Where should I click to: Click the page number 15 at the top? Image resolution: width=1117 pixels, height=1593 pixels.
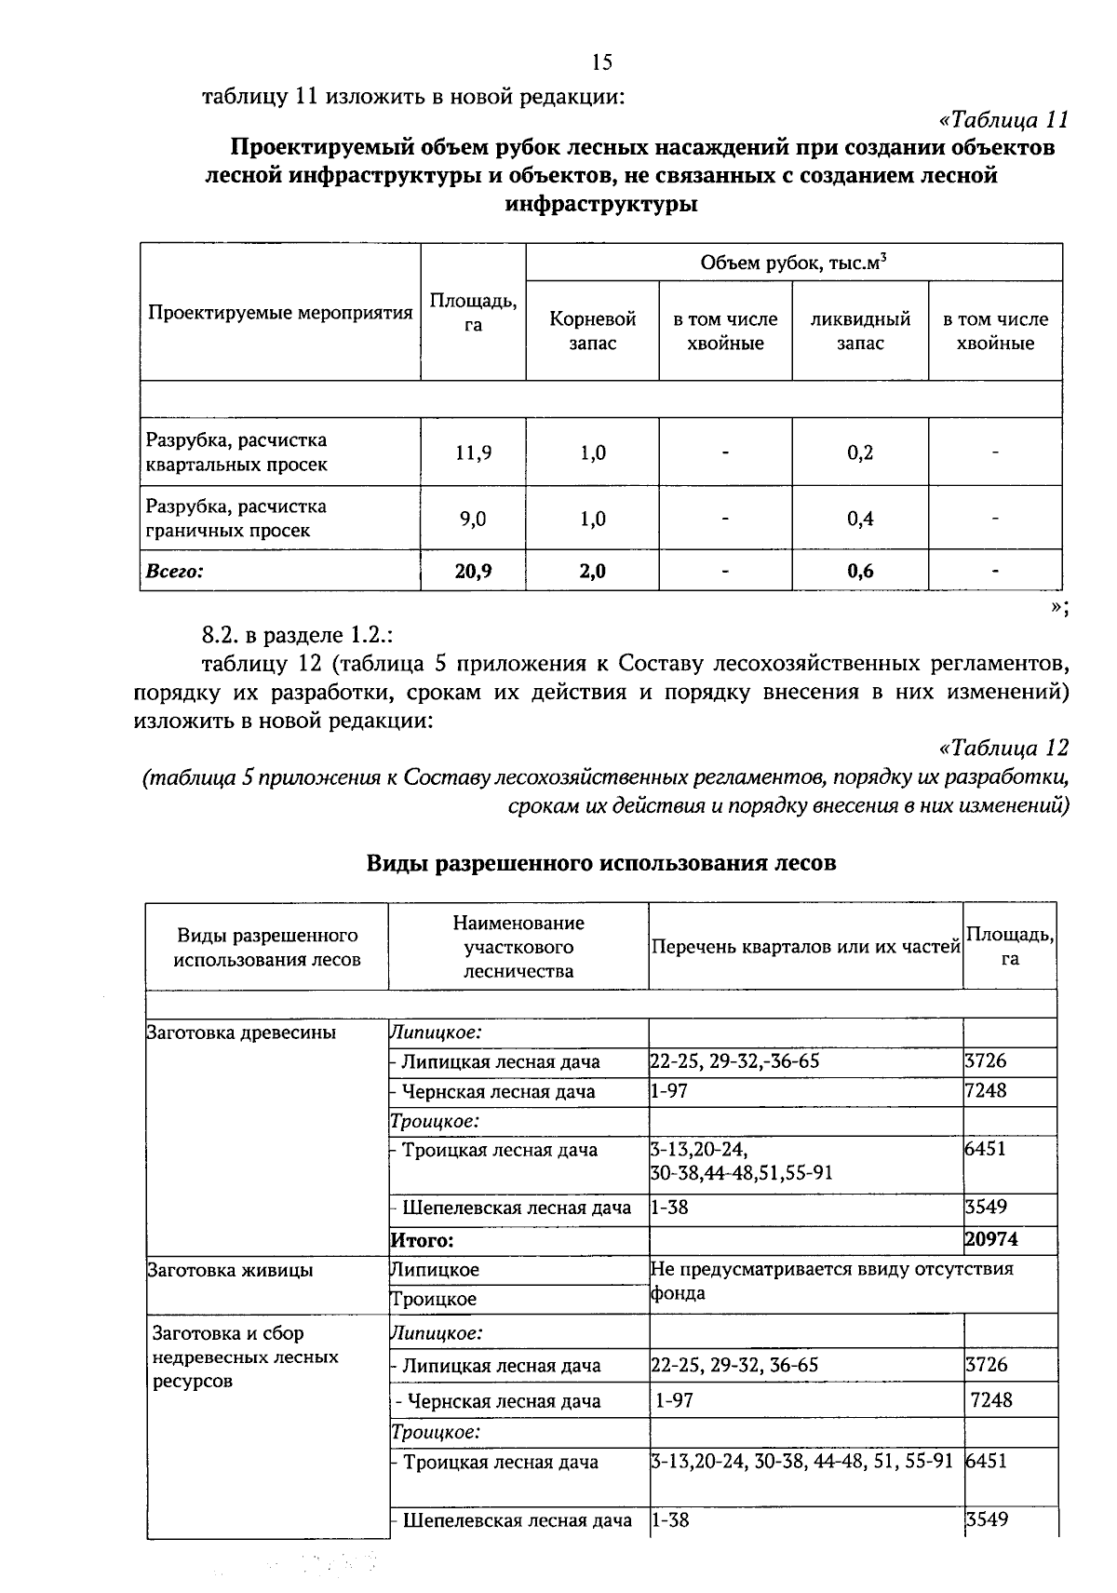pyautogui.click(x=601, y=62)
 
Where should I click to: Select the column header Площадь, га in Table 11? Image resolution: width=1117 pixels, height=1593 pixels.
pyautogui.click(x=473, y=313)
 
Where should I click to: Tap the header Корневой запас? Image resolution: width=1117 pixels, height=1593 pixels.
pyautogui.click(x=593, y=331)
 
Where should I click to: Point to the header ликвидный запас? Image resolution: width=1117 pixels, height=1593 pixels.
pyautogui.click(x=860, y=331)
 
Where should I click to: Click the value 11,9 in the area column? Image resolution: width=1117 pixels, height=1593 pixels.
pyautogui.click(x=473, y=452)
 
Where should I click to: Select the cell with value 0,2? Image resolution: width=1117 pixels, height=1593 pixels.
pyautogui.click(x=860, y=452)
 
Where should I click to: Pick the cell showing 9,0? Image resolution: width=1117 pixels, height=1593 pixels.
pyautogui.click(x=473, y=519)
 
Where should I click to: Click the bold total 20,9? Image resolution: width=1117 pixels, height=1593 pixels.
pyautogui.click(x=473, y=571)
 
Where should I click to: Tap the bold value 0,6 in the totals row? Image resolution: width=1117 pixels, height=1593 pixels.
pyautogui.click(x=860, y=571)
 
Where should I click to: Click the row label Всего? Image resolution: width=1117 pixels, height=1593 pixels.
pyautogui.click(x=174, y=571)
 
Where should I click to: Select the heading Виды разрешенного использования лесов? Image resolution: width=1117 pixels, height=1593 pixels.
pyautogui.click(x=600, y=863)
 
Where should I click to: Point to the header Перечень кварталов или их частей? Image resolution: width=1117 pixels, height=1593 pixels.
pyautogui.click(x=805, y=947)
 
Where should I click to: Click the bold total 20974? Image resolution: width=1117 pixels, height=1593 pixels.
pyautogui.click(x=991, y=1239)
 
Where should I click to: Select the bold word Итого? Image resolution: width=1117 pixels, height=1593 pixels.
pyautogui.click(x=421, y=1240)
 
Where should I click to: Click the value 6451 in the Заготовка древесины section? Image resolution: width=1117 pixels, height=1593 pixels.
pyautogui.click(x=986, y=1149)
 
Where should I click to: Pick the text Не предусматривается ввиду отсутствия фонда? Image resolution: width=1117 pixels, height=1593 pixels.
pyautogui.click(x=831, y=1280)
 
